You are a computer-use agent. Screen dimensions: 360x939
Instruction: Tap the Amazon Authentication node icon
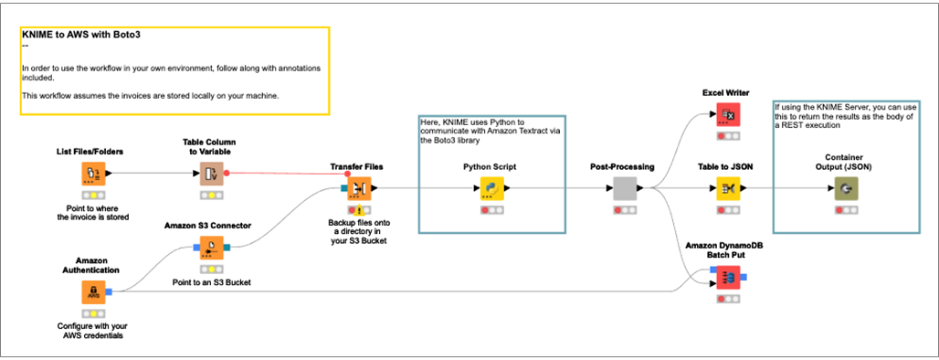pos(92,293)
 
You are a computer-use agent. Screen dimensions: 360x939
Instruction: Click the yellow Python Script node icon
pos(492,189)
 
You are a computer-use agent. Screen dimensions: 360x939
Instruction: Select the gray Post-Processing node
pos(624,189)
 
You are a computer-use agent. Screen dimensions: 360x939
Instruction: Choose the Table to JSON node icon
pos(727,189)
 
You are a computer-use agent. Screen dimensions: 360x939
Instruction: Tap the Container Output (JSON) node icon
pos(846,189)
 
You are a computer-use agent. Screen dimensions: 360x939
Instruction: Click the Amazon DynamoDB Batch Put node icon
pos(727,278)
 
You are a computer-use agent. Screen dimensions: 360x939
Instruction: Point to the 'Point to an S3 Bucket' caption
pos(212,282)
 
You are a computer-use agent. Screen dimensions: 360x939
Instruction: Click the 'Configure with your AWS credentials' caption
pos(92,330)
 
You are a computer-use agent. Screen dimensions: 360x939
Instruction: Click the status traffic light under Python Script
pos(492,210)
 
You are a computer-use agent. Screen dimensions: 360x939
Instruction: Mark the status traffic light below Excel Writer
pos(727,135)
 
